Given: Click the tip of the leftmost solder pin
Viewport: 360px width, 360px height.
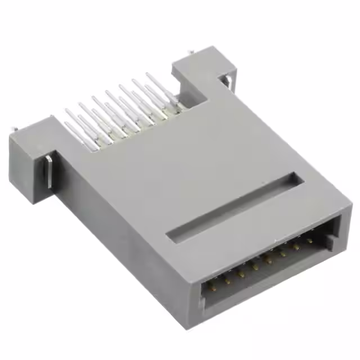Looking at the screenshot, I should (x=66, y=111).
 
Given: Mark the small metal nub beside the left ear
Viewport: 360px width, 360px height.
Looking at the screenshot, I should (x=12, y=131).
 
